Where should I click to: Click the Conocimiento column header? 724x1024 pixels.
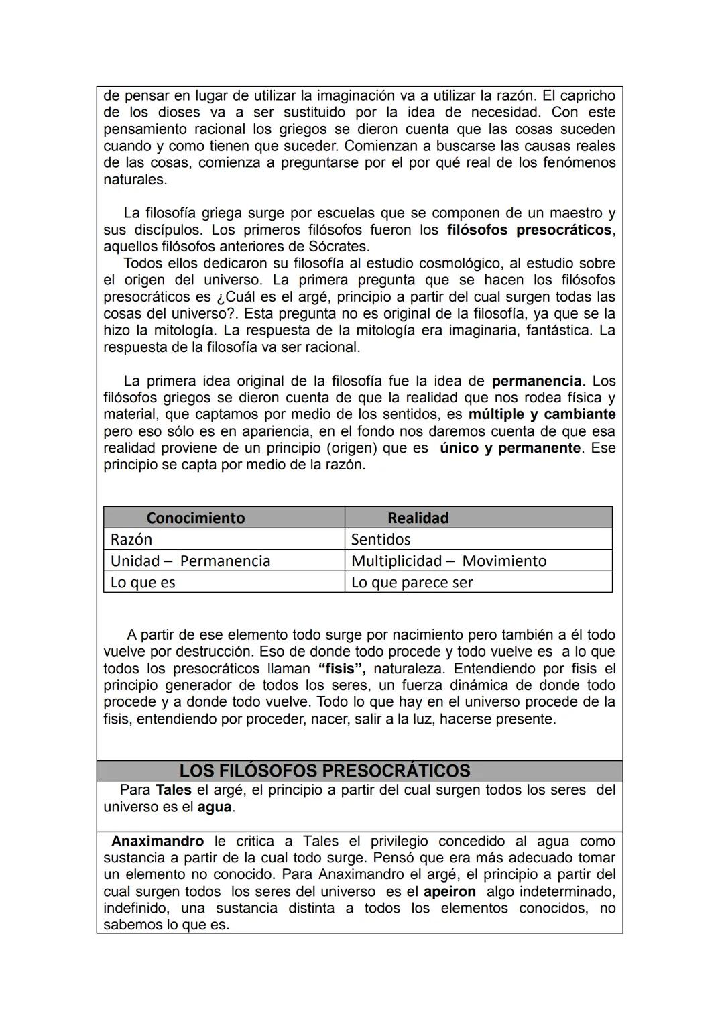click(196, 518)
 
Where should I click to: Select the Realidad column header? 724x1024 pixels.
click(418, 518)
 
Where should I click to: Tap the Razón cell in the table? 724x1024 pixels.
click(131, 539)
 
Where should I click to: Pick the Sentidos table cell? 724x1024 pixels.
click(381, 539)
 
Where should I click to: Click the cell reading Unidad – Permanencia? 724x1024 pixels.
click(190, 561)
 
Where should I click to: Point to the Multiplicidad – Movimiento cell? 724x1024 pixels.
click(448, 561)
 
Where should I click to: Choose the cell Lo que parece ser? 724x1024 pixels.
click(412, 582)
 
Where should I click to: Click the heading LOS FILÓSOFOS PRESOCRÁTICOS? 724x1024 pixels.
click(324, 771)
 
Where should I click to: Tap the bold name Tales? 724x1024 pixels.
click(174, 790)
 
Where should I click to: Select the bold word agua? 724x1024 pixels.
click(215, 807)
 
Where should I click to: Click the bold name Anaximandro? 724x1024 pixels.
click(158, 841)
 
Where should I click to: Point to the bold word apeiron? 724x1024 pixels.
click(449, 891)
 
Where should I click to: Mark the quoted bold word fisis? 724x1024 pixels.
click(341, 669)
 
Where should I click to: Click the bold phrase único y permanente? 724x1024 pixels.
click(510, 448)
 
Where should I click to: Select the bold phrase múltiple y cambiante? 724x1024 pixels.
click(542, 414)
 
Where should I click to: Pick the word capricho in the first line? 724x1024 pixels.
click(585, 95)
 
